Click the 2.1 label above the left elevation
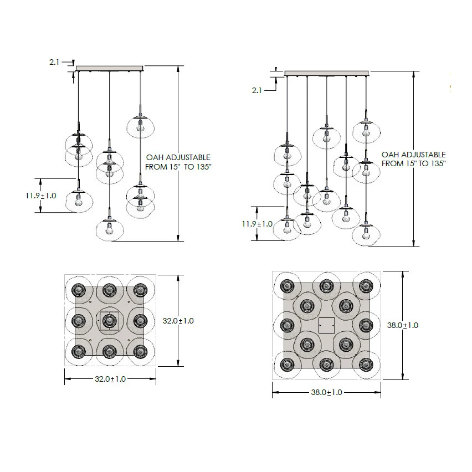coord(54,62)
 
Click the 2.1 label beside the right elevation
coord(256,90)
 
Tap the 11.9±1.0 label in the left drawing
coord(40,196)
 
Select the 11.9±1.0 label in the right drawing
coord(257,224)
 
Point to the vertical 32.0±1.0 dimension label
coord(178,321)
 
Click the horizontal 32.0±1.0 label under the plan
coord(110,379)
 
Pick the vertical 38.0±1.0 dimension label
coord(402,325)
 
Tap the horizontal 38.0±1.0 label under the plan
coord(327,393)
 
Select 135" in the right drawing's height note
coord(436,164)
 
